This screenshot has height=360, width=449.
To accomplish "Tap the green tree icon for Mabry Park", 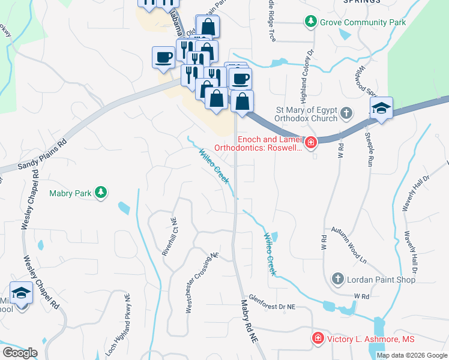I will tap(102, 193).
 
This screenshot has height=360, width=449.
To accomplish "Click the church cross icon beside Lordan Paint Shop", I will tap(338, 279).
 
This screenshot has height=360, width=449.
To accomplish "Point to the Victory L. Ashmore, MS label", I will tap(370, 339).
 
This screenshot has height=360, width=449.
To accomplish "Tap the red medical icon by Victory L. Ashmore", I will tap(317, 339).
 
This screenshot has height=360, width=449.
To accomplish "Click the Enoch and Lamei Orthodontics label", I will tap(258, 142).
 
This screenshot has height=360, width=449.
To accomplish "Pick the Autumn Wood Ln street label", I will tap(349, 245).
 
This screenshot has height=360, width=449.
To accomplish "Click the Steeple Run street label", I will tap(369, 151).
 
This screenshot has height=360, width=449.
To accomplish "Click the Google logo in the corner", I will tap(20, 353).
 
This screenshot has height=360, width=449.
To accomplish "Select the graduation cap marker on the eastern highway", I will tap(381, 109).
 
